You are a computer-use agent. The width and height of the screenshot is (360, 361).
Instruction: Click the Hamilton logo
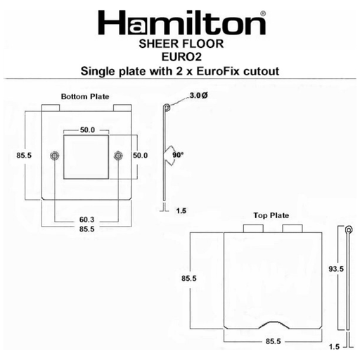tap(182, 23)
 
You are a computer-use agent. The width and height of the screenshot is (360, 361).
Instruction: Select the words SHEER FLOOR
tap(181, 44)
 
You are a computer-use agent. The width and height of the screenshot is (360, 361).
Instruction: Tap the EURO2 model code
tap(181, 57)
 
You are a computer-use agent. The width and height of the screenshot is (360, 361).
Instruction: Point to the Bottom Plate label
tap(85, 96)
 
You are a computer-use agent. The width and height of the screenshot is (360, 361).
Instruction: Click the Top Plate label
tap(271, 215)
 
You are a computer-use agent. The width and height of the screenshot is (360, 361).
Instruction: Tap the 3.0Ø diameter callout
tap(198, 96)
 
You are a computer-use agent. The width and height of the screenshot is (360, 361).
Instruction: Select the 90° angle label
tap(178, 155)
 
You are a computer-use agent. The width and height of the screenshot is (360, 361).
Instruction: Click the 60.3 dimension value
tap(86, 220)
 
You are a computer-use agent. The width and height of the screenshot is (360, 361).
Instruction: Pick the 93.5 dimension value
tap(336, 269)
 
